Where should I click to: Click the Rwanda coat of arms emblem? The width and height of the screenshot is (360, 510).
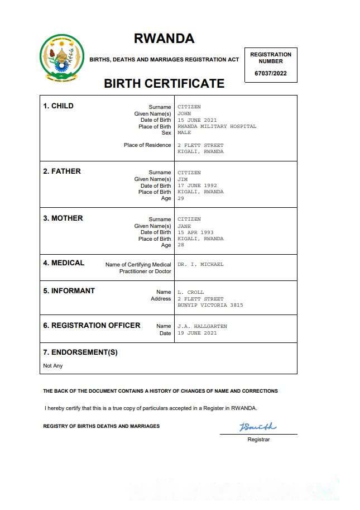(x=62, y=58)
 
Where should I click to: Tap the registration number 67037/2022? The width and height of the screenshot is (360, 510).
(x=270, y=73)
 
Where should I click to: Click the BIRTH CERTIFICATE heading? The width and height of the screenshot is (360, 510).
(x=164, y=84)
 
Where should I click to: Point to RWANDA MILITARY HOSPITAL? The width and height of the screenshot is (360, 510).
(x=217, y=126)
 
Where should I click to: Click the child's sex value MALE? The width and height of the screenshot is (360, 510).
(x=184, y=133)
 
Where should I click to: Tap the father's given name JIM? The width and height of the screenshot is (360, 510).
(x=183, y=179)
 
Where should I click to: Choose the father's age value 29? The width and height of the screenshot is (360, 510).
(x=180, y=198)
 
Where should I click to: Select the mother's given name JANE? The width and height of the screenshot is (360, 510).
(x=185, y=226)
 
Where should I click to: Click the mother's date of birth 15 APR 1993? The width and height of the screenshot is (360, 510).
(x=195, y=232)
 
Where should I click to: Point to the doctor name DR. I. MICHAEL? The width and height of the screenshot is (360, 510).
(x=200, y=264)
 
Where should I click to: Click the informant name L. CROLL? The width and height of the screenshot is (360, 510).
(x=190, y=292)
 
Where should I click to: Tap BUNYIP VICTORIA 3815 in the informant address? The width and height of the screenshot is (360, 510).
(x=210, y=305)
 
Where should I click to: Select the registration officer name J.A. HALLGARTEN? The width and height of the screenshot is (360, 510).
(x=202, y=326)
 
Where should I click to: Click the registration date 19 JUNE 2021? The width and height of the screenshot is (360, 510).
(x=197, y=333)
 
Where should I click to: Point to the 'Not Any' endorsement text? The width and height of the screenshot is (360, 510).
(x=53, y=366)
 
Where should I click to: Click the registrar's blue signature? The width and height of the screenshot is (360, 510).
(x=257, y=427)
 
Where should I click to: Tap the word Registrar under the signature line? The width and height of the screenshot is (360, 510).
(x=258, y=440)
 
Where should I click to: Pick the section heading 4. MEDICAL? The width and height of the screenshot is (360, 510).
(x=64, y=263)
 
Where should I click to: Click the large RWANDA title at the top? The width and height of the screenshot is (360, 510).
(x=164, y=39)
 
